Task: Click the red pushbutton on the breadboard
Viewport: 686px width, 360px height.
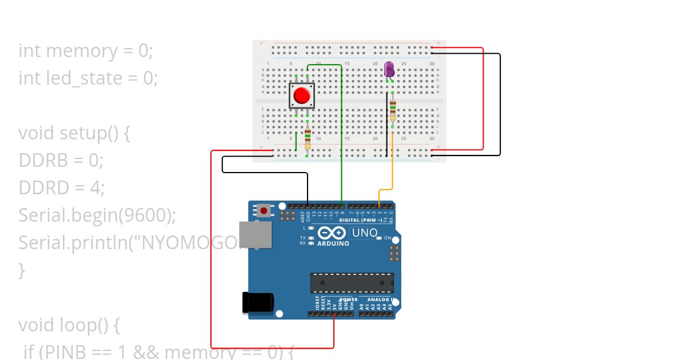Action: (301, 95)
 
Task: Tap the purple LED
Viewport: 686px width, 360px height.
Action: (389, 70)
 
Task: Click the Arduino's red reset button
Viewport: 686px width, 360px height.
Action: (264, 210)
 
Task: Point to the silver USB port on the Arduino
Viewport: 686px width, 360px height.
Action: (255, 235)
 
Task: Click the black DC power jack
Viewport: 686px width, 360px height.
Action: (257, 302)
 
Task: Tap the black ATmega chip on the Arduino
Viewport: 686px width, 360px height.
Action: (352, 282)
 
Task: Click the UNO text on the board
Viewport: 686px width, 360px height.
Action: (364, 233)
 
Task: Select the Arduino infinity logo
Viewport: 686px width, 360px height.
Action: (332, 233)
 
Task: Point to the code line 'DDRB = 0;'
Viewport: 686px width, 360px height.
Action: (61, 161)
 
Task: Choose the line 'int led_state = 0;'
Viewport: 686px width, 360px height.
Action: (88, 78)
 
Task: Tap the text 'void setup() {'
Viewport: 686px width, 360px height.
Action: (75, 133)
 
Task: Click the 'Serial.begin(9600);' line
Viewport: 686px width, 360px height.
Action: (97, 215)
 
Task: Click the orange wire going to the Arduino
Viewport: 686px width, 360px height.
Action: (393, 166)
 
